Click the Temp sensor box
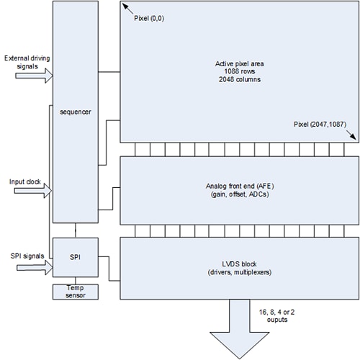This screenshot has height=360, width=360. pos(76,290)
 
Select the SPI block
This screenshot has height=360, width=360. pos(76,257)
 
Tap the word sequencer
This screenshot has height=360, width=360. pos(76,111)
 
